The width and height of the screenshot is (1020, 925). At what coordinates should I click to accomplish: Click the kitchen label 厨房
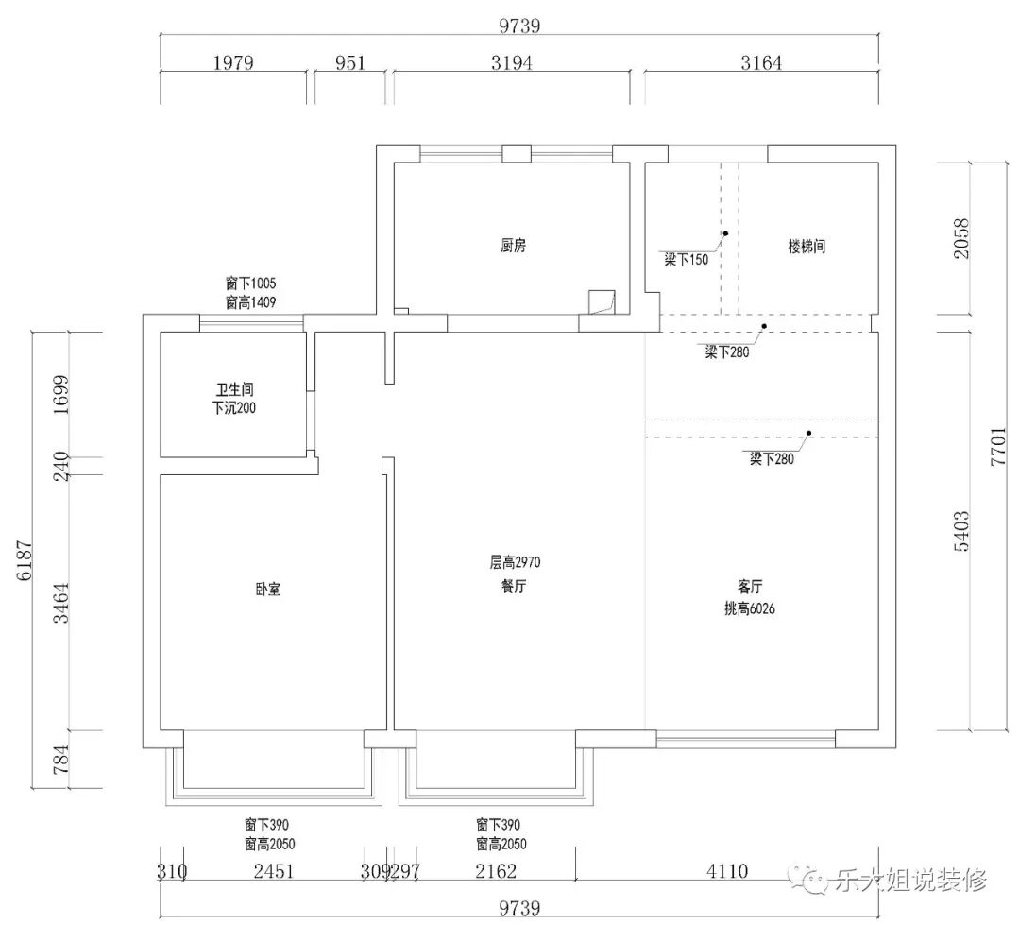(513, 246)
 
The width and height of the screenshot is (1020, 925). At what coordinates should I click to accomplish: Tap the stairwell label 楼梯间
(807, 246)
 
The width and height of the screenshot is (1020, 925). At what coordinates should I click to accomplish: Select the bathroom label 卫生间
(231, 389)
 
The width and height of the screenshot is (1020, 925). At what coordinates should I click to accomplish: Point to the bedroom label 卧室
(267, 590)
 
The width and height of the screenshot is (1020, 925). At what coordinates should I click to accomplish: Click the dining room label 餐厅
(514, 586)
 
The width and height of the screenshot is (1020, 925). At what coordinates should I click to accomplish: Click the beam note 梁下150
(686, 260)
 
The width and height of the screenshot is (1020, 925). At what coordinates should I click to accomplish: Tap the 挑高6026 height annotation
(750, 609)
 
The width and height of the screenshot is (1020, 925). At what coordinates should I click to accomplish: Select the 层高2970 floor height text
(514, 562)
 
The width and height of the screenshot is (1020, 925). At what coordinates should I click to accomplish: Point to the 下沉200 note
(233, 409)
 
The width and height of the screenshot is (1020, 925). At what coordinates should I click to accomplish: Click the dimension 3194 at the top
(512, 63)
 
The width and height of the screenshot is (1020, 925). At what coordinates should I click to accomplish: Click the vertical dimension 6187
(25, 559)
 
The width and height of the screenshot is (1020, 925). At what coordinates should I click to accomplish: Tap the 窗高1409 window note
(249, 302)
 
